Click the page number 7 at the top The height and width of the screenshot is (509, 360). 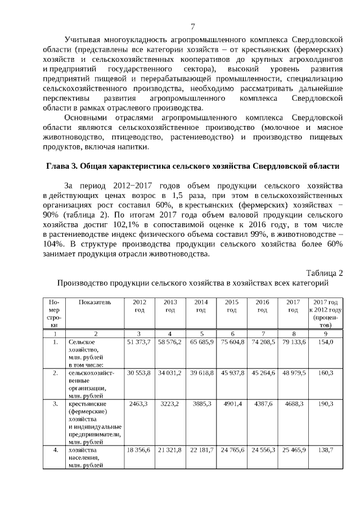coord(192,26)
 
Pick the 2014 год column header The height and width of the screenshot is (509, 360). coord(201,306)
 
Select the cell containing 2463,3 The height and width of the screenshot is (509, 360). coord(139,403)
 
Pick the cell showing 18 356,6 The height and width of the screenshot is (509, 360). coord(139,450)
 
